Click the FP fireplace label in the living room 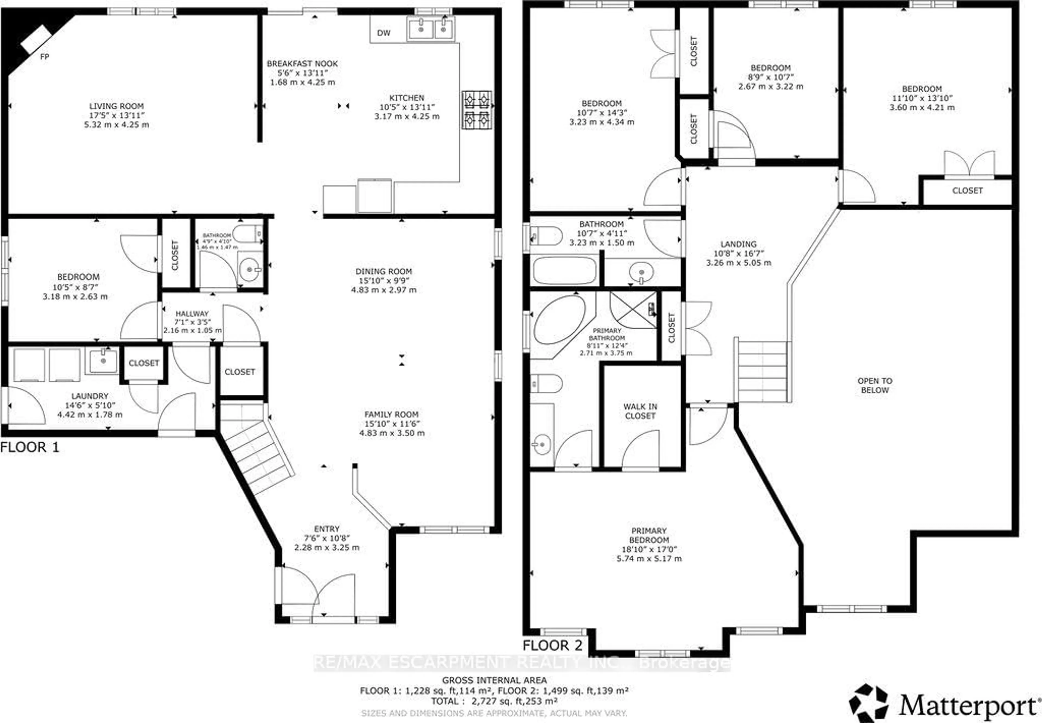pos(44,57)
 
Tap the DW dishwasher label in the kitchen pos(383,33)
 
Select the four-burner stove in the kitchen pos(477,110)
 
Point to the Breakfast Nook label pos(302,64)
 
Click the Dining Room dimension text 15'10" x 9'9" pos(383,281)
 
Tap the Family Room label pos(391,414)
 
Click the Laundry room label pos(90,396)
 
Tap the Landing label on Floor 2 pos(738,244)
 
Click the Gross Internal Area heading pos(494,680)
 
